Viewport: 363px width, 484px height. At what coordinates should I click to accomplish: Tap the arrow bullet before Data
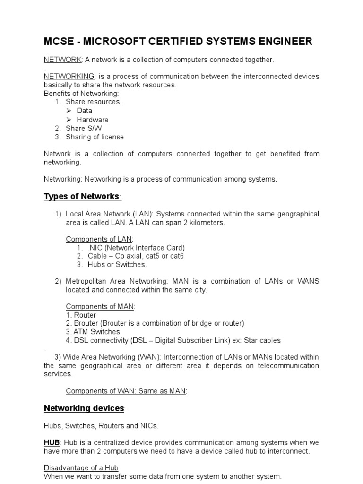69,111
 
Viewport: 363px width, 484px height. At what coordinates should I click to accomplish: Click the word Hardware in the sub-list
93,120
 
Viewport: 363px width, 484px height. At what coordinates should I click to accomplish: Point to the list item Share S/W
84,128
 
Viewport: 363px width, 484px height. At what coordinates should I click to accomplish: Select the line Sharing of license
95,137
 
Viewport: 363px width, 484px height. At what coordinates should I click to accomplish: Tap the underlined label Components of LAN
99,239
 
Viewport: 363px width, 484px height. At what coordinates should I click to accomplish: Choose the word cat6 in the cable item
176,256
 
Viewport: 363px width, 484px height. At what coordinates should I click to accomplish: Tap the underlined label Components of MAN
100,306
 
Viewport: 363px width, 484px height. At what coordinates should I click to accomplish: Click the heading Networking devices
84,408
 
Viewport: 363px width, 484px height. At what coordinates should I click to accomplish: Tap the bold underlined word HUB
52,442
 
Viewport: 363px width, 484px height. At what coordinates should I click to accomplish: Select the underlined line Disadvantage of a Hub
81,468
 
